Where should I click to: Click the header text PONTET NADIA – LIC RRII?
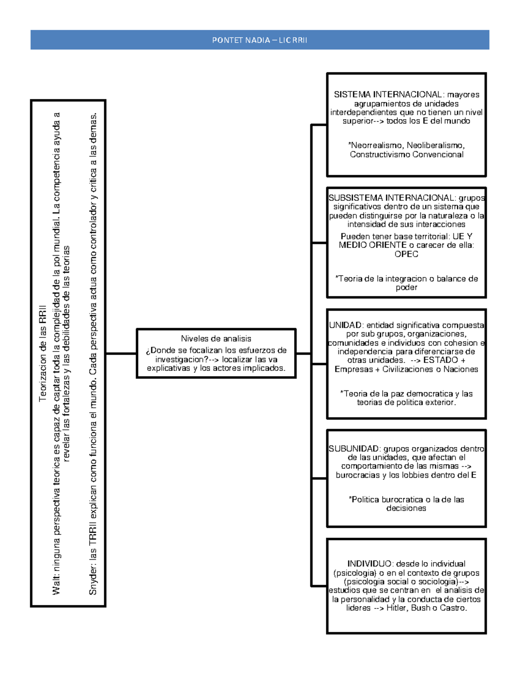click(260, 40)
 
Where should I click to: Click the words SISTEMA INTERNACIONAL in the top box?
click(388, 94)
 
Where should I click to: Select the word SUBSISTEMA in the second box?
click(350, 198)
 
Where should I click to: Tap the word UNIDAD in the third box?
click(345, 325)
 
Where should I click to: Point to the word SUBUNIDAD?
click(354, 449)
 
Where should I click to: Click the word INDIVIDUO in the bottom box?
click(369, 564)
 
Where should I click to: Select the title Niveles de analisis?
click(216, 339)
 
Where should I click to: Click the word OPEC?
click(406, 254)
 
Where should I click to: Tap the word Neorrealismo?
click(376, 146)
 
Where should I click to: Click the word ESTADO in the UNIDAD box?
click(441, 360)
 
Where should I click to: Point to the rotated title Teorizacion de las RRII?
click(42, 353)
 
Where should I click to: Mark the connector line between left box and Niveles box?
click(121, 354)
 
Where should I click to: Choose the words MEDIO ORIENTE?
click(367, 245)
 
